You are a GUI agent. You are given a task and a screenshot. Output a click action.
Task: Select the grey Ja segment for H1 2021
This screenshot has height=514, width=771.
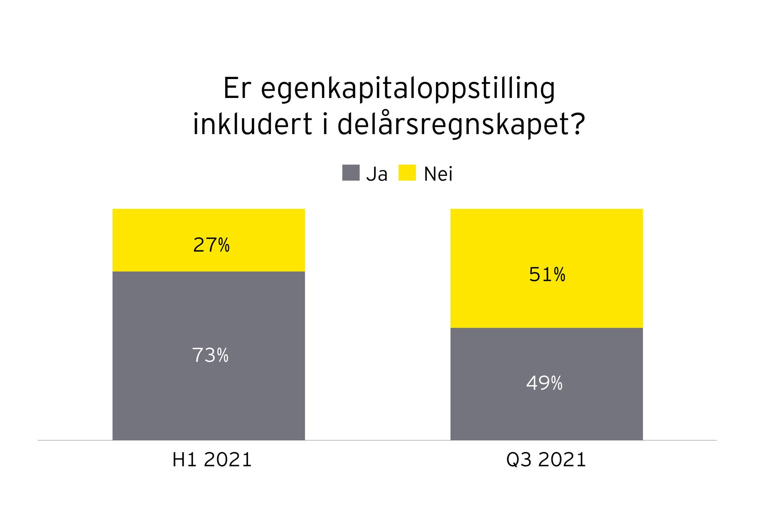[x=208, y=395]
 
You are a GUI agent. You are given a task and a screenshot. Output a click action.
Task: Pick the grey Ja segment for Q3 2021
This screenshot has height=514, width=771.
[x=547, y=414]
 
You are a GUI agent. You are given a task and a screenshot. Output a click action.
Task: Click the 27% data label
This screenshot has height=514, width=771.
[x=211, y=246]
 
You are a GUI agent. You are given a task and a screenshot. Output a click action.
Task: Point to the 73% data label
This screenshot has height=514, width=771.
[x=210, y=355]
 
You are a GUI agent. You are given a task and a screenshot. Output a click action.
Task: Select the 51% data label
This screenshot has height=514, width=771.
[x=547, y=275]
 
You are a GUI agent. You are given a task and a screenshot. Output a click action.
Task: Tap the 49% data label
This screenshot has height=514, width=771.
[x=544, y=384]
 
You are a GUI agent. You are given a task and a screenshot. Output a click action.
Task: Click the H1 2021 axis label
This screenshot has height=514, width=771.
[x=212, y=460]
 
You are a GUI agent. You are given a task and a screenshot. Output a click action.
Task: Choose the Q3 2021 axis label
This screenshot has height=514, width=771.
[x=546, y=460]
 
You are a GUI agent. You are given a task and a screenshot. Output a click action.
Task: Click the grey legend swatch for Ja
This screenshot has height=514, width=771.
[x=350, y=173]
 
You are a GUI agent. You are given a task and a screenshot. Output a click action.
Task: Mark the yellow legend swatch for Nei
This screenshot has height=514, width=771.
[x=407, y=173]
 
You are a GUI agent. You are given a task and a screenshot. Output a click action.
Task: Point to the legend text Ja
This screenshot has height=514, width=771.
[x=376, y=174]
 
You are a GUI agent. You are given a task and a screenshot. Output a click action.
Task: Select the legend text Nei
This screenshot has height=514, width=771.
[x=438, y=174]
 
